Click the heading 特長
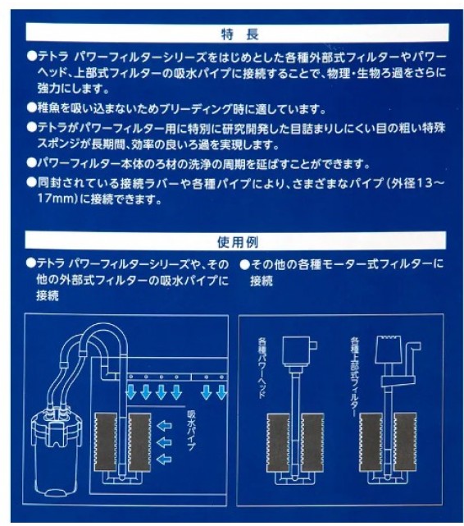point(239,34)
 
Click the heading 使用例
point(238,242)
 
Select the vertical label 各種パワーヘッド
point(262,368)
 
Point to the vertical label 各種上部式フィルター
point(354,377)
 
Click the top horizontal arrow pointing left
point(165,427)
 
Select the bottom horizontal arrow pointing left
point(165,459)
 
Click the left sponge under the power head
point(278,442)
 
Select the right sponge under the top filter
point(405,442)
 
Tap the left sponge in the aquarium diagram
point(107,442)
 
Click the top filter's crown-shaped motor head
point(389,350)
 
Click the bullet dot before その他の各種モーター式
point(245,265)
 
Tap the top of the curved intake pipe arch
point(107,324)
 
